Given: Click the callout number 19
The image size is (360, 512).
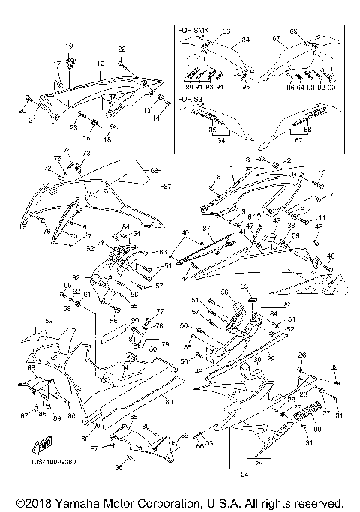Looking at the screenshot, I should point(69,46).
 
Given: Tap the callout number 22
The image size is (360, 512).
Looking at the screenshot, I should point(121,49).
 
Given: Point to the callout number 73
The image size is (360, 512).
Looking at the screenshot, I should point(85,153).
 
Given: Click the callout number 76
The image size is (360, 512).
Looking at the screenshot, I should point(46,232).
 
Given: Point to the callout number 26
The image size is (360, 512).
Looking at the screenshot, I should point(302,355).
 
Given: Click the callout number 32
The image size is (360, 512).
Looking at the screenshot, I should point(334,367).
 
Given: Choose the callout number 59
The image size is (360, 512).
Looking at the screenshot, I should point(49,321).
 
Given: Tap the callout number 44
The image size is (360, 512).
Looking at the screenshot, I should point(184,278).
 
